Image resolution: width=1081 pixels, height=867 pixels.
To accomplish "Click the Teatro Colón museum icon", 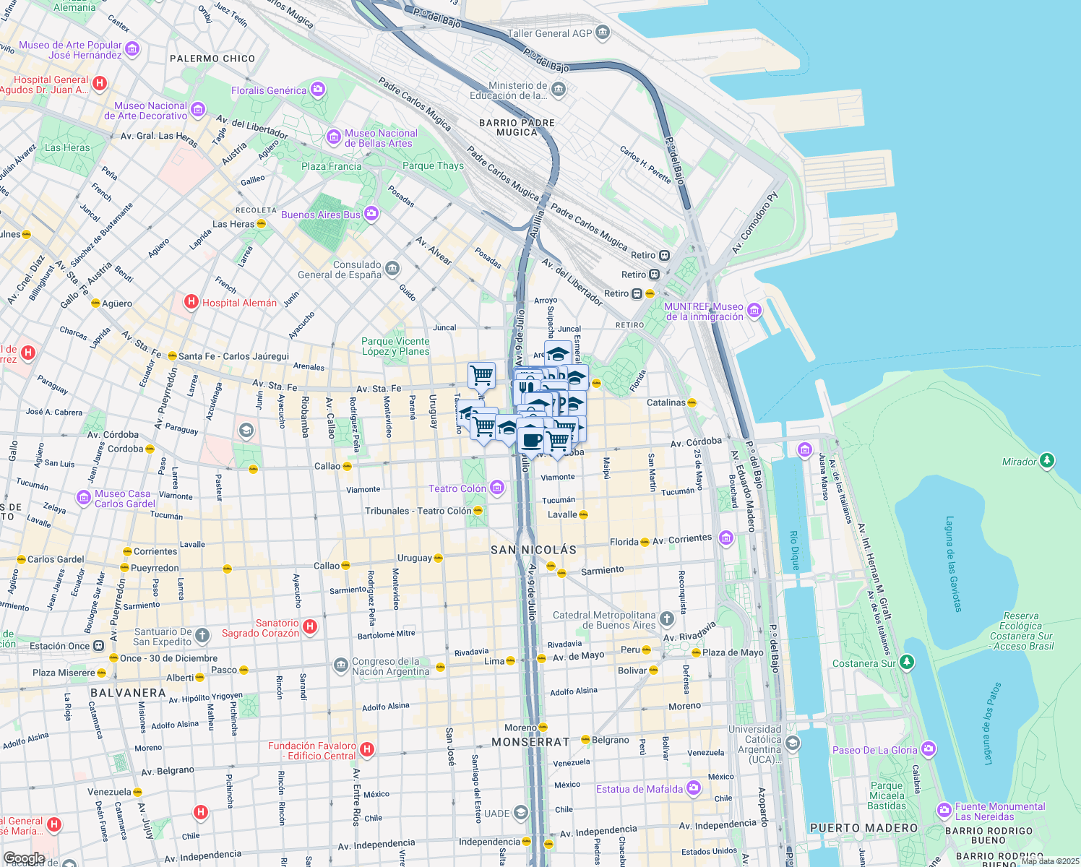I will click(497, 488).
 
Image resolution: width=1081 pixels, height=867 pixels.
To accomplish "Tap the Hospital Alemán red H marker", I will click(191, 302).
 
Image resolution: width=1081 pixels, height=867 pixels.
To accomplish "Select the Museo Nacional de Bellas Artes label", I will click(380, 138).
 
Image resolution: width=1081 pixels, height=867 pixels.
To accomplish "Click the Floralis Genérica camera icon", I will click(318, 90).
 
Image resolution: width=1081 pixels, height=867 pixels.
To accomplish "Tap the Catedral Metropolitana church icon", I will click(666, 619).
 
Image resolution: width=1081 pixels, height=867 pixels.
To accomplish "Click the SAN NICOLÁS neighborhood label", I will click(533, 550).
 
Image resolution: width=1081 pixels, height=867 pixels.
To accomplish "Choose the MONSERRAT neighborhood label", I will click(530, 742).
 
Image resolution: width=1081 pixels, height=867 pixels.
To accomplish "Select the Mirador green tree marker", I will click(1046, 461).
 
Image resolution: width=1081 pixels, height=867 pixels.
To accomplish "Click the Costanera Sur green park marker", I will click(907, 662).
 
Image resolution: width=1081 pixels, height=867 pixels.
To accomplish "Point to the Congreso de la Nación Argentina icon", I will click(340, 665).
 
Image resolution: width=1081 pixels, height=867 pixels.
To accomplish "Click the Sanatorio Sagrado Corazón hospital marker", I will click(310, 626).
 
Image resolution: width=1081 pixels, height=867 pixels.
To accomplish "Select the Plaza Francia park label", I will click(331, 166).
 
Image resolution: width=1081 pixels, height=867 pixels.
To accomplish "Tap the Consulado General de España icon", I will click(392, 269).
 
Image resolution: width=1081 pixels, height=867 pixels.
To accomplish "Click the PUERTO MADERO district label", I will click(863, 828).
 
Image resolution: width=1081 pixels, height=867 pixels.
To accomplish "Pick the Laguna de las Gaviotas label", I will click(953, 564).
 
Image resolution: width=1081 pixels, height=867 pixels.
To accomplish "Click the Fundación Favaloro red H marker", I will click(367, 749).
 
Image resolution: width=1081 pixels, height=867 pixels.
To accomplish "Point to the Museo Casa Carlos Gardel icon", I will click(84, 498).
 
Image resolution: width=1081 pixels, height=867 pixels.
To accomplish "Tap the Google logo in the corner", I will click(24, 859).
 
